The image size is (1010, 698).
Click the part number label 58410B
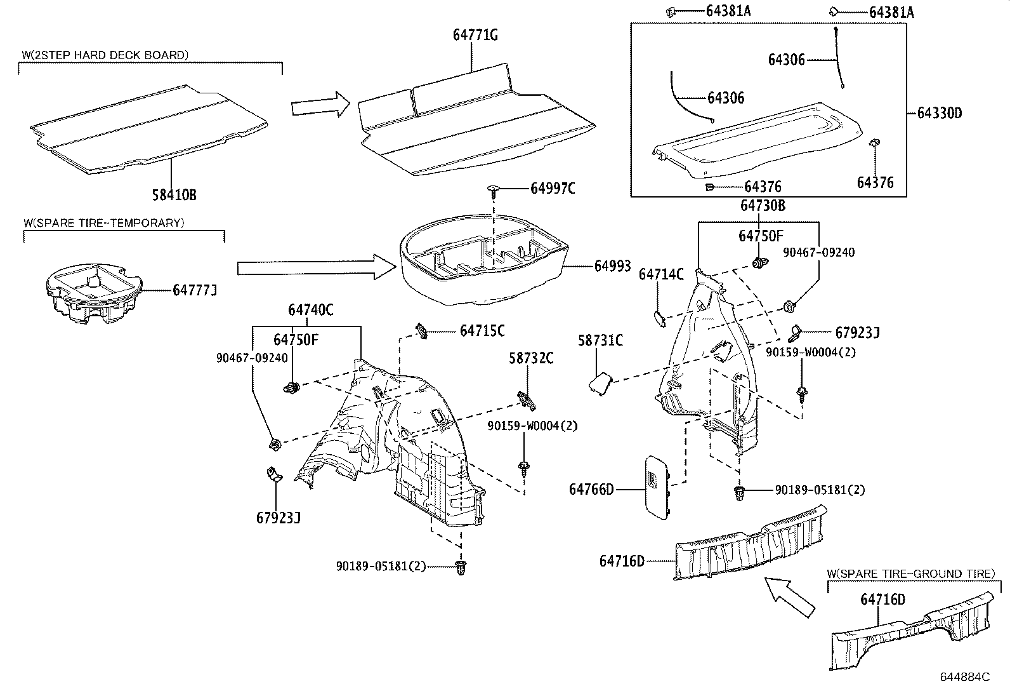(174, 195)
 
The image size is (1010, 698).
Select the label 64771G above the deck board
(475, 36)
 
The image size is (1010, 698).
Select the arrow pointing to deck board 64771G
(320, 104)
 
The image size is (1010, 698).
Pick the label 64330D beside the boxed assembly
(939, 114)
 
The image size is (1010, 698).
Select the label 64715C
(482, 331)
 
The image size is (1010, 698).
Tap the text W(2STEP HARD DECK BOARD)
(105, 55)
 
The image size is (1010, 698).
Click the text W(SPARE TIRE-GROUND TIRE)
(911, 574)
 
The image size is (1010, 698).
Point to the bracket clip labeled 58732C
(526, 399)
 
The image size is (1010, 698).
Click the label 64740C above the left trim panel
(311, 310)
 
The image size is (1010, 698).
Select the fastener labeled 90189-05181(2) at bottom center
(461, 567)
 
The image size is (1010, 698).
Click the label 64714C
(661, 274)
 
